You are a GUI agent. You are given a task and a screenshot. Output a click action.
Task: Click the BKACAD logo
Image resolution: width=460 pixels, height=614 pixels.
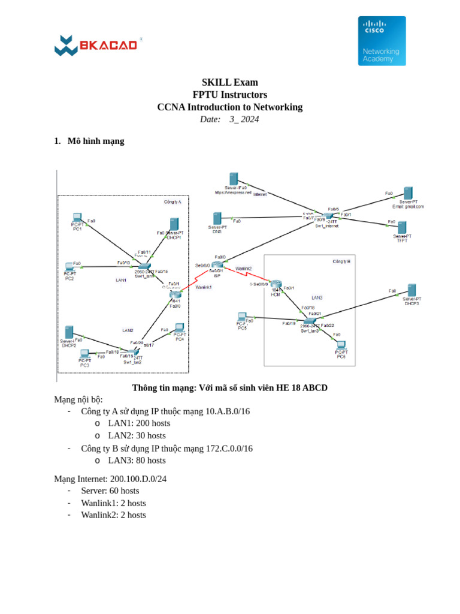96,45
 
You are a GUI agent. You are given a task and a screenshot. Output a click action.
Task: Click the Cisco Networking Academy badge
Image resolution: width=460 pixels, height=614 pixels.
382,41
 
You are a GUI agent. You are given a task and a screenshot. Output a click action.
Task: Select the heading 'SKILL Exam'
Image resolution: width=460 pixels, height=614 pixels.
230,82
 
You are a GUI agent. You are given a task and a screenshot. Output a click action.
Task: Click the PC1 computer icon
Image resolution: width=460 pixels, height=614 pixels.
77,218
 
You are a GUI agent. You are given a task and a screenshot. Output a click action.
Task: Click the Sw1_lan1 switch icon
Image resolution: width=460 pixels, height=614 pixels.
144,266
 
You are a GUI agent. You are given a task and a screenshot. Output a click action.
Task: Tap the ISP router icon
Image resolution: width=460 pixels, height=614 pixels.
217,264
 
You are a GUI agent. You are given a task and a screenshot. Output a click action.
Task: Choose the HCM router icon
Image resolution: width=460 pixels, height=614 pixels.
276,284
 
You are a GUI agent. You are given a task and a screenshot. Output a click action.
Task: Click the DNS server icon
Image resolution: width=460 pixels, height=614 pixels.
217,219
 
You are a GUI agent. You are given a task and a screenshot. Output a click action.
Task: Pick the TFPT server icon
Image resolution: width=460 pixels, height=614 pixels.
402,227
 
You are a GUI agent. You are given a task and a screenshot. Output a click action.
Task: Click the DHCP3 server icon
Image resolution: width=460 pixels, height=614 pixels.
411,290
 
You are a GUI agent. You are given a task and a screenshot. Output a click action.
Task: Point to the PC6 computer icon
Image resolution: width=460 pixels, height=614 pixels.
341,345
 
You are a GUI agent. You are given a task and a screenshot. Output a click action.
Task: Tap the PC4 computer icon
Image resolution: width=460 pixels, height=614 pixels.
179,327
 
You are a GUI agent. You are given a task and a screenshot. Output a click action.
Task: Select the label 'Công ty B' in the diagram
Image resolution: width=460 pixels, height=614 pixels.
341,261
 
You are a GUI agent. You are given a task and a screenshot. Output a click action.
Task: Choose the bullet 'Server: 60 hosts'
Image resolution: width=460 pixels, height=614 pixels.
110,490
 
